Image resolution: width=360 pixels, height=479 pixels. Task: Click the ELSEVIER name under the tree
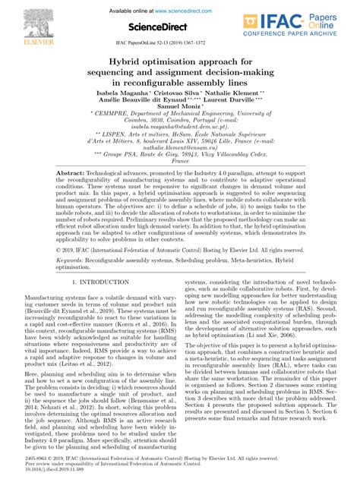pos(25,35)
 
